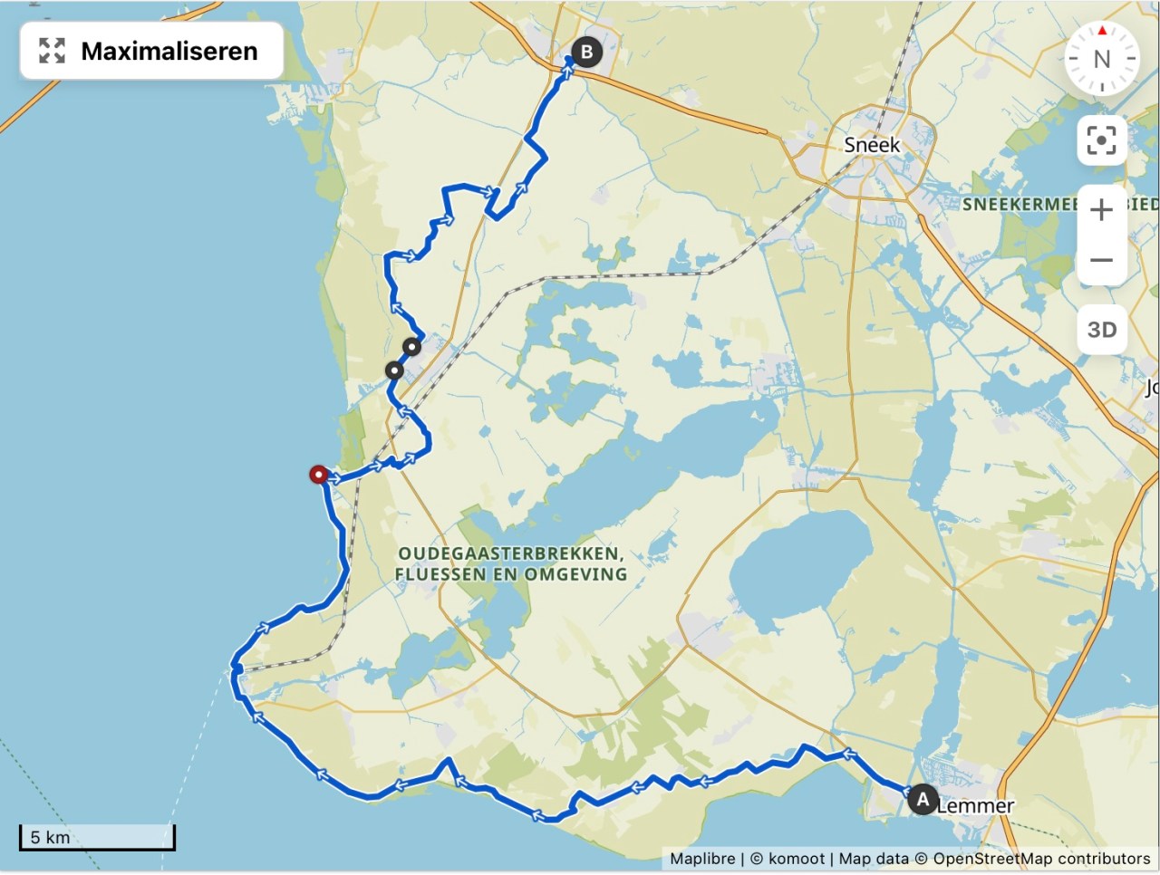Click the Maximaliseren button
click(x=151, y=51)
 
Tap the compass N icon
click(x=1101, y=59)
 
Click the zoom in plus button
click(x=1101, y=210)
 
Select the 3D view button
click(x=1101, y=330)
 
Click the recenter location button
click(x=1101, y=140)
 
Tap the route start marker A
click(x=923, y=800)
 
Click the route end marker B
click(x=586, y=53)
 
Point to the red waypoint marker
click(x=318, y=474)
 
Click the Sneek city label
click(x=872, y=145)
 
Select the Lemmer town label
click(x=976, y=805)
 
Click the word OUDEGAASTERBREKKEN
click(x=510, y=553)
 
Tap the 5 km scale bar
click(x=97, y=838)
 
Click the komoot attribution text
click(x=795, y=859)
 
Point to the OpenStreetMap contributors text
click(x=1041, y=859)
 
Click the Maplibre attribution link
click(x=702, y=859)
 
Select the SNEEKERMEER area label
click(x=1020, y=205)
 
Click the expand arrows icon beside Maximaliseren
click(x=53, y=51)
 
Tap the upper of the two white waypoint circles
click(x=411, y=346)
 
